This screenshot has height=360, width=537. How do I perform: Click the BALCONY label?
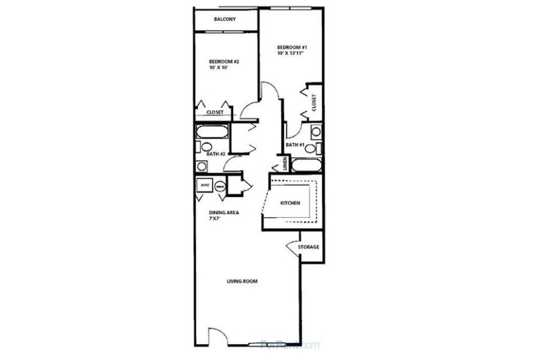(x=225, y=19)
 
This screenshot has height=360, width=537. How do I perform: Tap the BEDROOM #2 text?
(x=224, y=62)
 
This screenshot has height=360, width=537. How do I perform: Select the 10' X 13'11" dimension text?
(x=291, y=54)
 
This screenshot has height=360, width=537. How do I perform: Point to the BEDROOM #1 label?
(x=291, y=47)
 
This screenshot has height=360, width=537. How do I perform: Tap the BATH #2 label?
(x=216, y=154)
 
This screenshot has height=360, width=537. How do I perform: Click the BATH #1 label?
(x=295, y=145)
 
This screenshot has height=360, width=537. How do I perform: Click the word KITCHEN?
(x=290, y=204)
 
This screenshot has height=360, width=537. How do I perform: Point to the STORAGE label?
(x=308, y=247)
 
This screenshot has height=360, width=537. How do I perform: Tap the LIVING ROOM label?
(x=242, y=282)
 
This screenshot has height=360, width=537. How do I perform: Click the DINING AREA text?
(x=223, y=212)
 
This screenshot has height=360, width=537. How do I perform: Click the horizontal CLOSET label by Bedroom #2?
(x=215, y=113)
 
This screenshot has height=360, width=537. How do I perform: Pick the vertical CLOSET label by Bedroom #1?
(x=314, y=103)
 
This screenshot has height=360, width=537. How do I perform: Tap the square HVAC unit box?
(x=205, y=186)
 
